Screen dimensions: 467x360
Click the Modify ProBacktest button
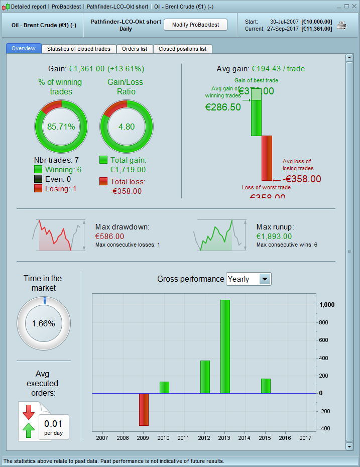tap(195, 25)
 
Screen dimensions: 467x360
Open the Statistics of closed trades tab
tap(79, 49)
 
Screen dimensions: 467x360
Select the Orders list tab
tap(135, 49)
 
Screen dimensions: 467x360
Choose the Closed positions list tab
tap(182, 49)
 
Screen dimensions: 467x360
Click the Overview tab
tap(24, 48)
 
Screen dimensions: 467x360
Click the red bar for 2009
tap(144, 409)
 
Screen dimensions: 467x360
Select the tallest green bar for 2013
tap(225, 346)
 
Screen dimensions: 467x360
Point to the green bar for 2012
tap(205, 377)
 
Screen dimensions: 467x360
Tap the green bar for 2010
tap(164, 387)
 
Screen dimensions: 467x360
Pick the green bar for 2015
tap(266, 386)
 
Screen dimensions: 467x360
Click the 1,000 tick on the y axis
tap(326, 305)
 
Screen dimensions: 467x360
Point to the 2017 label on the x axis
tap(306, 438)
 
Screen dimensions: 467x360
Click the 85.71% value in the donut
tap(61, 127)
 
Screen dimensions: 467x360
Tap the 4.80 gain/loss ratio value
tap(127, 127)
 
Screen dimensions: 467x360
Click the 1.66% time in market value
tap(43, 323)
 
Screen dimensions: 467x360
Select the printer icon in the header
tap(342, 25)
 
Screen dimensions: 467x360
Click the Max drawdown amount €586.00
tap(109, 236)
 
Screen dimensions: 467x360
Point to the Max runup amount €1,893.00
tap(274, 236)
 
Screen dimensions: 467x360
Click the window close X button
tap(353, 7)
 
